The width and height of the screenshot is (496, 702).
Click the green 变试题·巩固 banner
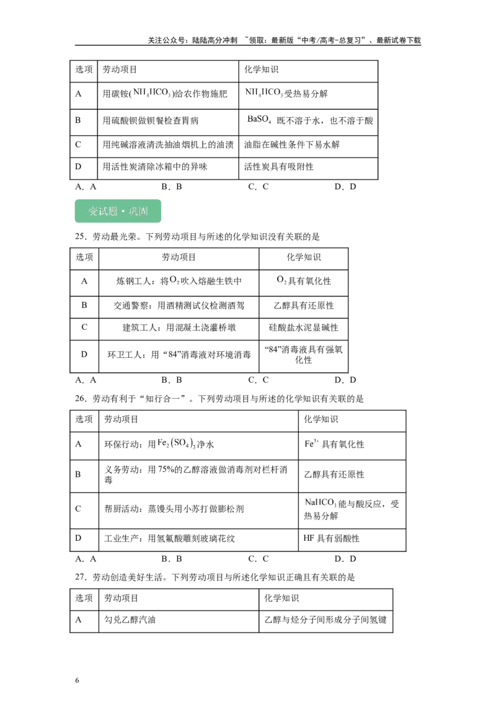118,211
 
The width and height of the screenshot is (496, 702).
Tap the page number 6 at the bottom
77,680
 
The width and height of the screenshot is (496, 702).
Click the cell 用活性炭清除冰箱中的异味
155,167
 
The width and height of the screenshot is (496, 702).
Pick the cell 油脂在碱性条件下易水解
292,144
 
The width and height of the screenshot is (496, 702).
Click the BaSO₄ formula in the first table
259,119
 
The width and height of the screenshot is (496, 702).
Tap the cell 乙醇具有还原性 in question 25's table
304,305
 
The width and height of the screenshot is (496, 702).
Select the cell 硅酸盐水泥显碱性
304,327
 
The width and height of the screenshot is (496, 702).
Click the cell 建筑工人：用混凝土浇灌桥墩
179,327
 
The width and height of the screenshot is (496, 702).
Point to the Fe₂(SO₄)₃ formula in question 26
176,443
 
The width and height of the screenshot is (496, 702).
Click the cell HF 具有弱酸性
331,538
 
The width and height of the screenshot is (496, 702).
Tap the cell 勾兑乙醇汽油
130,620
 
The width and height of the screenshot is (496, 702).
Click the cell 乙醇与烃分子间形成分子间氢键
325,620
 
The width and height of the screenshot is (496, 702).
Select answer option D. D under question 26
345,559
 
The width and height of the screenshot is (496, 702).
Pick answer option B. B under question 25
172,380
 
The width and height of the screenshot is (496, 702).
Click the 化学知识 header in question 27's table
281,598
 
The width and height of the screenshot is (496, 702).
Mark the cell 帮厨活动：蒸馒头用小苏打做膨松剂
174,509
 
